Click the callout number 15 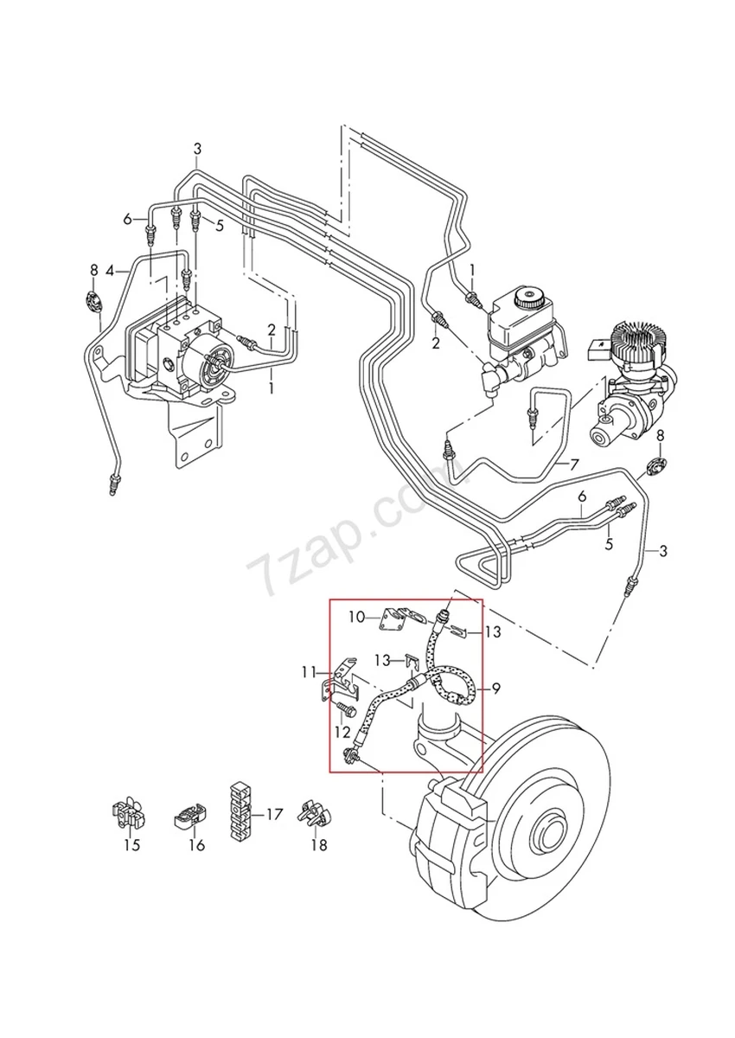[131, 845]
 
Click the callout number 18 [319, 845]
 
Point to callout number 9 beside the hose [496, 689]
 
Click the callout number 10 [357, 617]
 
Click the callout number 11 [310, 671]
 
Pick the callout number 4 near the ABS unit [110, 271]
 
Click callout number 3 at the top [197, 148]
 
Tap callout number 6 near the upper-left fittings [128, 219]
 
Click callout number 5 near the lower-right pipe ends [609, 544]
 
